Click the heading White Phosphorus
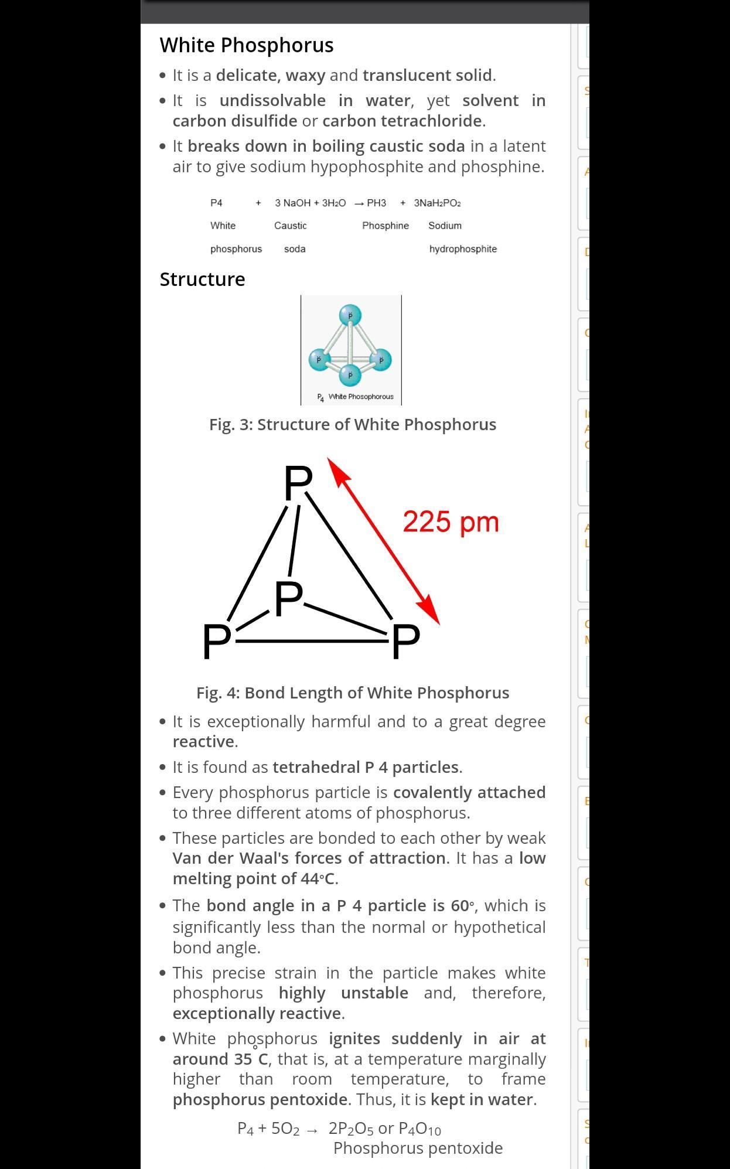tap(247, 45)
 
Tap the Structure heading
tap(202, 279)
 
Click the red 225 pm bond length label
tap(451, 522)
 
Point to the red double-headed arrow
tap(384, 541)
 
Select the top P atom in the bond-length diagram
tap(298, 483)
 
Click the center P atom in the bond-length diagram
tap(288, 599)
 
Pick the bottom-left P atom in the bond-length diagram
tap(216, 641)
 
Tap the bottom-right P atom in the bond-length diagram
tap(406, 641)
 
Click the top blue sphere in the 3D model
tap(350, 315)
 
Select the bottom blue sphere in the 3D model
tap(350, 374)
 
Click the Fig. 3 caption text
tap(353, 424)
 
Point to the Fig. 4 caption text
tap(353, 693)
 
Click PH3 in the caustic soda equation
tap(376, 203)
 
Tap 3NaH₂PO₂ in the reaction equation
tap(437, 203)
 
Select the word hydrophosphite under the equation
tap(463, 249)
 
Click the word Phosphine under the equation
tap(386, 226)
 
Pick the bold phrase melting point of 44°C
tap(254, 878)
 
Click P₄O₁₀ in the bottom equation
tap(419, 1128)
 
